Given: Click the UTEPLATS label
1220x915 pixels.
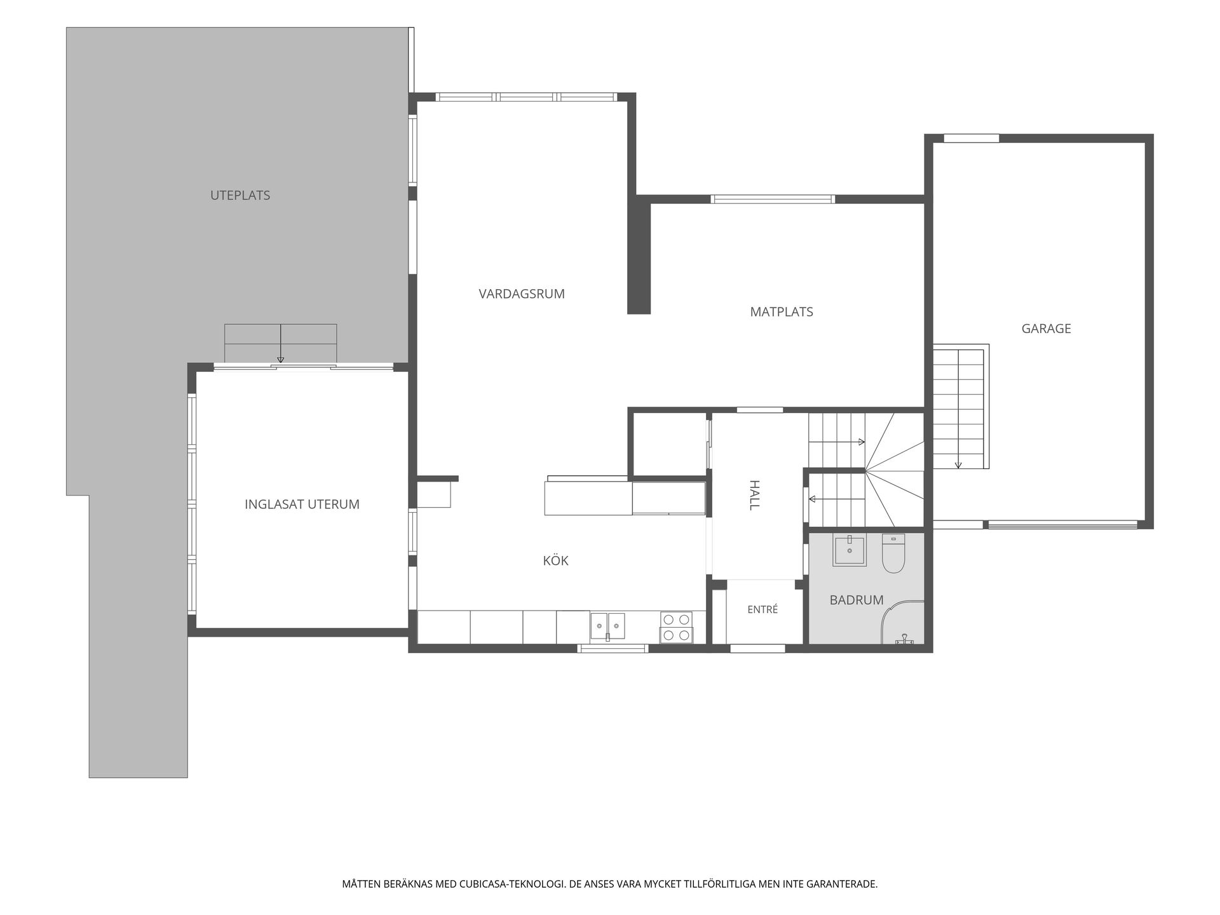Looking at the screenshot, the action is (x=240, y=196).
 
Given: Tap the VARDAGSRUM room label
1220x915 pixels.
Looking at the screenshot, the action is (x=522, y=294).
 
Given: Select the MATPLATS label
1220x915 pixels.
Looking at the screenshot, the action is (x=782, y=312).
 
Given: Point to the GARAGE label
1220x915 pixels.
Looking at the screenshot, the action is (x=1046, y=329).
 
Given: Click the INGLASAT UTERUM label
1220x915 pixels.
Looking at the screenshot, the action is (x=302, y=505).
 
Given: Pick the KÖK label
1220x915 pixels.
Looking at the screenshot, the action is (x=555, y=560).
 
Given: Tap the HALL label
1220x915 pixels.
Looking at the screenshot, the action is (x=754, y=495).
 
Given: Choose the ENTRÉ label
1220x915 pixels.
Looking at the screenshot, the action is (x=762, y=609).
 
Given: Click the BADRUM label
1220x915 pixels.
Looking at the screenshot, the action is (x=857, y=600).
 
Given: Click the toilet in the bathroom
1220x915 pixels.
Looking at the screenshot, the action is (x=893, y=553).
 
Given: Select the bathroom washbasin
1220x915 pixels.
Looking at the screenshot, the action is (x=850, y=550).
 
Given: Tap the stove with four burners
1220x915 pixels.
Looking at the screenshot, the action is (x=677, y=627).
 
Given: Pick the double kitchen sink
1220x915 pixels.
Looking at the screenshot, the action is (x=607, y=626).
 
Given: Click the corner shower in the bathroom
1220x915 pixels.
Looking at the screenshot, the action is (x=903, y=622).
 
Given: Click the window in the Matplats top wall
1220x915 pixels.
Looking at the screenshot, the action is (x=772, y=199).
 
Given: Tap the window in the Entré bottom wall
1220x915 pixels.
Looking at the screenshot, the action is (x=757, y=648).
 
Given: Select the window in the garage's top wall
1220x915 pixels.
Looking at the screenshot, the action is (x=971, y=138).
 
